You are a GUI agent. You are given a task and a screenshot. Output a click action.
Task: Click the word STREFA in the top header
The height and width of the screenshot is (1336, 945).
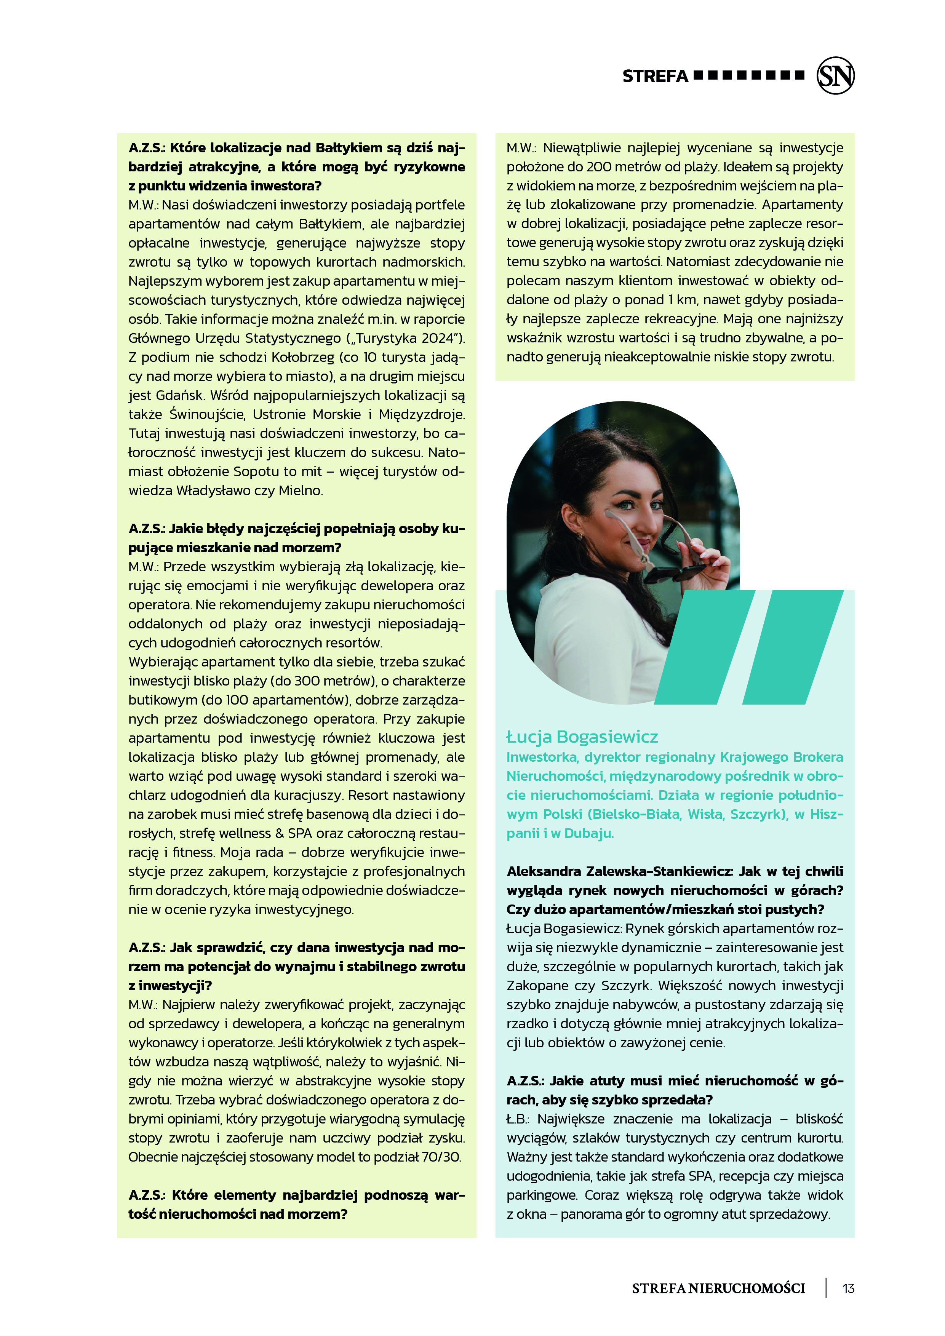[655, 76]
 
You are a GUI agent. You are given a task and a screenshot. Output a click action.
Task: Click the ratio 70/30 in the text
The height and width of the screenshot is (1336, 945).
[440, 1157]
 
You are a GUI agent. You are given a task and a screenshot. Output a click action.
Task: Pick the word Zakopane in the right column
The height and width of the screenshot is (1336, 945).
[534, 986]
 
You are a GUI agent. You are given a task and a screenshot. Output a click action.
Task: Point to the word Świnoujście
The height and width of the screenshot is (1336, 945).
[206, 414]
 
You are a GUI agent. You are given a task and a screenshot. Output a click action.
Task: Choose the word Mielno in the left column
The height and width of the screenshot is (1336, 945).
[300, 491]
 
